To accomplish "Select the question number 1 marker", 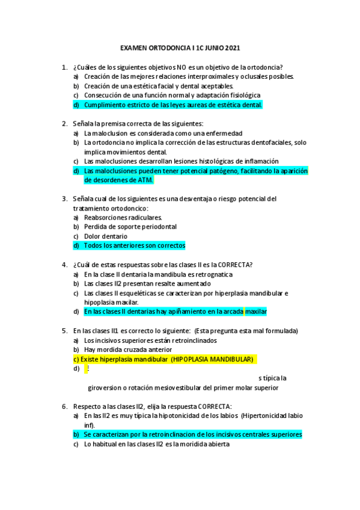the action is pos(64,67).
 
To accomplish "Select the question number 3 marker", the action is pos(64,198).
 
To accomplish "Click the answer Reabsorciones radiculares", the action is pos(123,217).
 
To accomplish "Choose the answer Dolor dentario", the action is pos(106,236).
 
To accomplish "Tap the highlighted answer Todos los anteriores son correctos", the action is pos(135,245).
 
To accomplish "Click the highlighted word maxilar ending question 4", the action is pos(256,312).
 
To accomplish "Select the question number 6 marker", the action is pos(64,406).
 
